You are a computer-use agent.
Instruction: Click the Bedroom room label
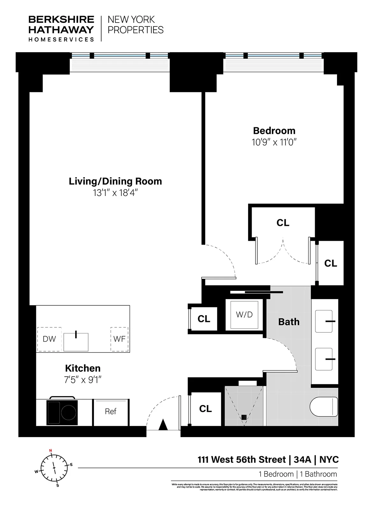coord(274,131)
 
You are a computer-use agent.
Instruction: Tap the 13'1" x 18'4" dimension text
coord(115,193)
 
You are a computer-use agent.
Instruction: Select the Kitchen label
coord(82,368)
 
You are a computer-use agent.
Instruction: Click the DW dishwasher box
coord(49,339)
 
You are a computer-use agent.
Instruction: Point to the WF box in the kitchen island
coord(119,339)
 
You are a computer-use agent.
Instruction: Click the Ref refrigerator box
coord(111,412)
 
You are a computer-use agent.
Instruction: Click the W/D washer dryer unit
coord(244,315)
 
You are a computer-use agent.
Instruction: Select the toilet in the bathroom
coord(323,407)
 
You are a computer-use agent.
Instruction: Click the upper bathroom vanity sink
coord(324,321)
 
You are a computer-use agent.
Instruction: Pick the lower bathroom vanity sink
coord(324,359)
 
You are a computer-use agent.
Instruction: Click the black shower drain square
coord(244,417)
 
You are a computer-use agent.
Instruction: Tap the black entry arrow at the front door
coord(163,425)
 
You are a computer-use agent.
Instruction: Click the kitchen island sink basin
coord(76,342)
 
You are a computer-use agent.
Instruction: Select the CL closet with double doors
coord(283,223)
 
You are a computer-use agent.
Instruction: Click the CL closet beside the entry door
coord(205,409)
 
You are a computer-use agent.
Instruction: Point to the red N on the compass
coord(50,450)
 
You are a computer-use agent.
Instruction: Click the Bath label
coord(289,322)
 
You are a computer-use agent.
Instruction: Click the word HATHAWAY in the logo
coord(61,30)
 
